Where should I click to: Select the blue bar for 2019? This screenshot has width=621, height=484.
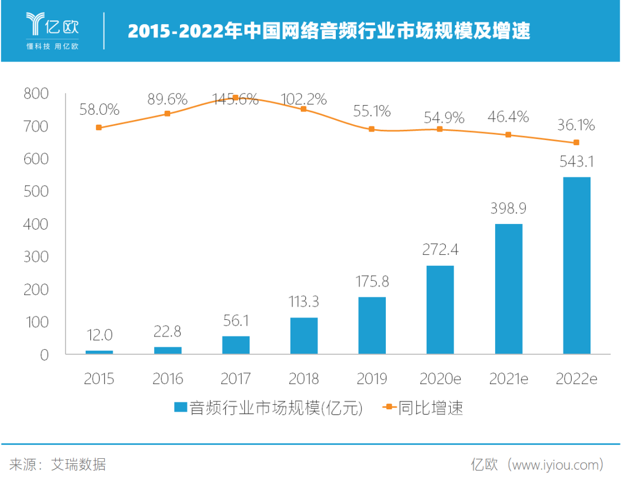[371, 325]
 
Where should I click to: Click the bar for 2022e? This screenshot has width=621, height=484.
[576, 265]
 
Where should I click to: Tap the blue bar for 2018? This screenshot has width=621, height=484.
[304, 335]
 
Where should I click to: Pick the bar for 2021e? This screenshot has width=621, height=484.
[508, 289]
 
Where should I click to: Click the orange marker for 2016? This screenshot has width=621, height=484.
[167, 114]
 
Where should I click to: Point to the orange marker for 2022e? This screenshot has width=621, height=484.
[576, 142]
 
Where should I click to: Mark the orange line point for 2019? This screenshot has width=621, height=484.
[371, 129]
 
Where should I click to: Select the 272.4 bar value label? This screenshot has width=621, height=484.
[440, 250]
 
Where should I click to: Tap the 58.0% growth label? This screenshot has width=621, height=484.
[99, 109]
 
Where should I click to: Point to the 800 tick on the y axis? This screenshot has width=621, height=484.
[37, 93]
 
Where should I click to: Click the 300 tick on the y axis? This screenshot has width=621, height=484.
[37, 257]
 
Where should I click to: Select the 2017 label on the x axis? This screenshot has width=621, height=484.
[236, 379]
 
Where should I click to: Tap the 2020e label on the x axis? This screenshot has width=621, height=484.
[440, 379]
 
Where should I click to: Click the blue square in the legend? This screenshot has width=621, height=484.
[180, 408]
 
